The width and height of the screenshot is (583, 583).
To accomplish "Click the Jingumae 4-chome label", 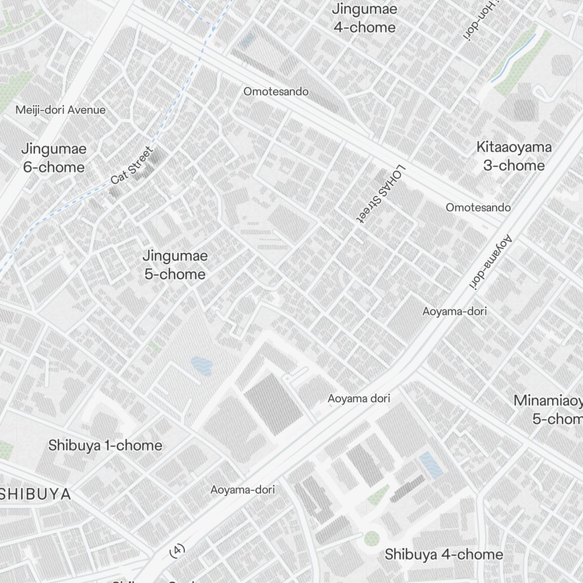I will pyautogui.click(x=364, y=18).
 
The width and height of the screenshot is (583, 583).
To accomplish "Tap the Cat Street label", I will pyautogui.click(x=132, y=166).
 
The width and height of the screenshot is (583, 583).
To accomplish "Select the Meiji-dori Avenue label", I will pyautogui.click(x=61, y=110).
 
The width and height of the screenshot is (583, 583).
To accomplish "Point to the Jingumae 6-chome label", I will pyautogui.click(x=54, y=158).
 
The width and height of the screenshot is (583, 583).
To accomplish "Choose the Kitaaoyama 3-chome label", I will pyautogui.click(x=514, y=156).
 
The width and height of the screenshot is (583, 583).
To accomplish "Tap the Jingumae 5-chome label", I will pyautogui.click(x=175, y=265).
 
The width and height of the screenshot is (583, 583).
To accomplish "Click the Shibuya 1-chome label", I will pyautogui.click(x=105, y=445).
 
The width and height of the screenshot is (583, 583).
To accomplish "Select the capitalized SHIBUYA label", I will pyautogui.click(x=35, y=494).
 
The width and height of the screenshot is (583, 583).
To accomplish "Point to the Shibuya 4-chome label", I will pyautogui.click(x=444, y=554).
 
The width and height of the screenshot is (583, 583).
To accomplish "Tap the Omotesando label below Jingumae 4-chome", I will pyautogui.click(x=276, y=92).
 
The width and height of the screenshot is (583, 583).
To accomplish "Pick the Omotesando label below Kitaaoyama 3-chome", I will pyautogui.click(x=478, y=208).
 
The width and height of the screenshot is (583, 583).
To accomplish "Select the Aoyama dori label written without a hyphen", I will pyautogui.click(x=359, y=399).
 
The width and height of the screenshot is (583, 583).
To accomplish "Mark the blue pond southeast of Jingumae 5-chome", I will pyautogui.click(x=202, y=366).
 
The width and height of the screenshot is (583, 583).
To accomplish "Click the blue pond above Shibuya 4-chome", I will pyautogui.click(x=431, y=465).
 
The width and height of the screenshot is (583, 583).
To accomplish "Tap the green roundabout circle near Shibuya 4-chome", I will pyautogui.click(x=371, y=538).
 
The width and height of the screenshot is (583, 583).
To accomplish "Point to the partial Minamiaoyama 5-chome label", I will pyautogui.click(x=548, y=410).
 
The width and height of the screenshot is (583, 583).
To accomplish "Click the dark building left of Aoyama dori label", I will pyautogui.click(x=273, y=404).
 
